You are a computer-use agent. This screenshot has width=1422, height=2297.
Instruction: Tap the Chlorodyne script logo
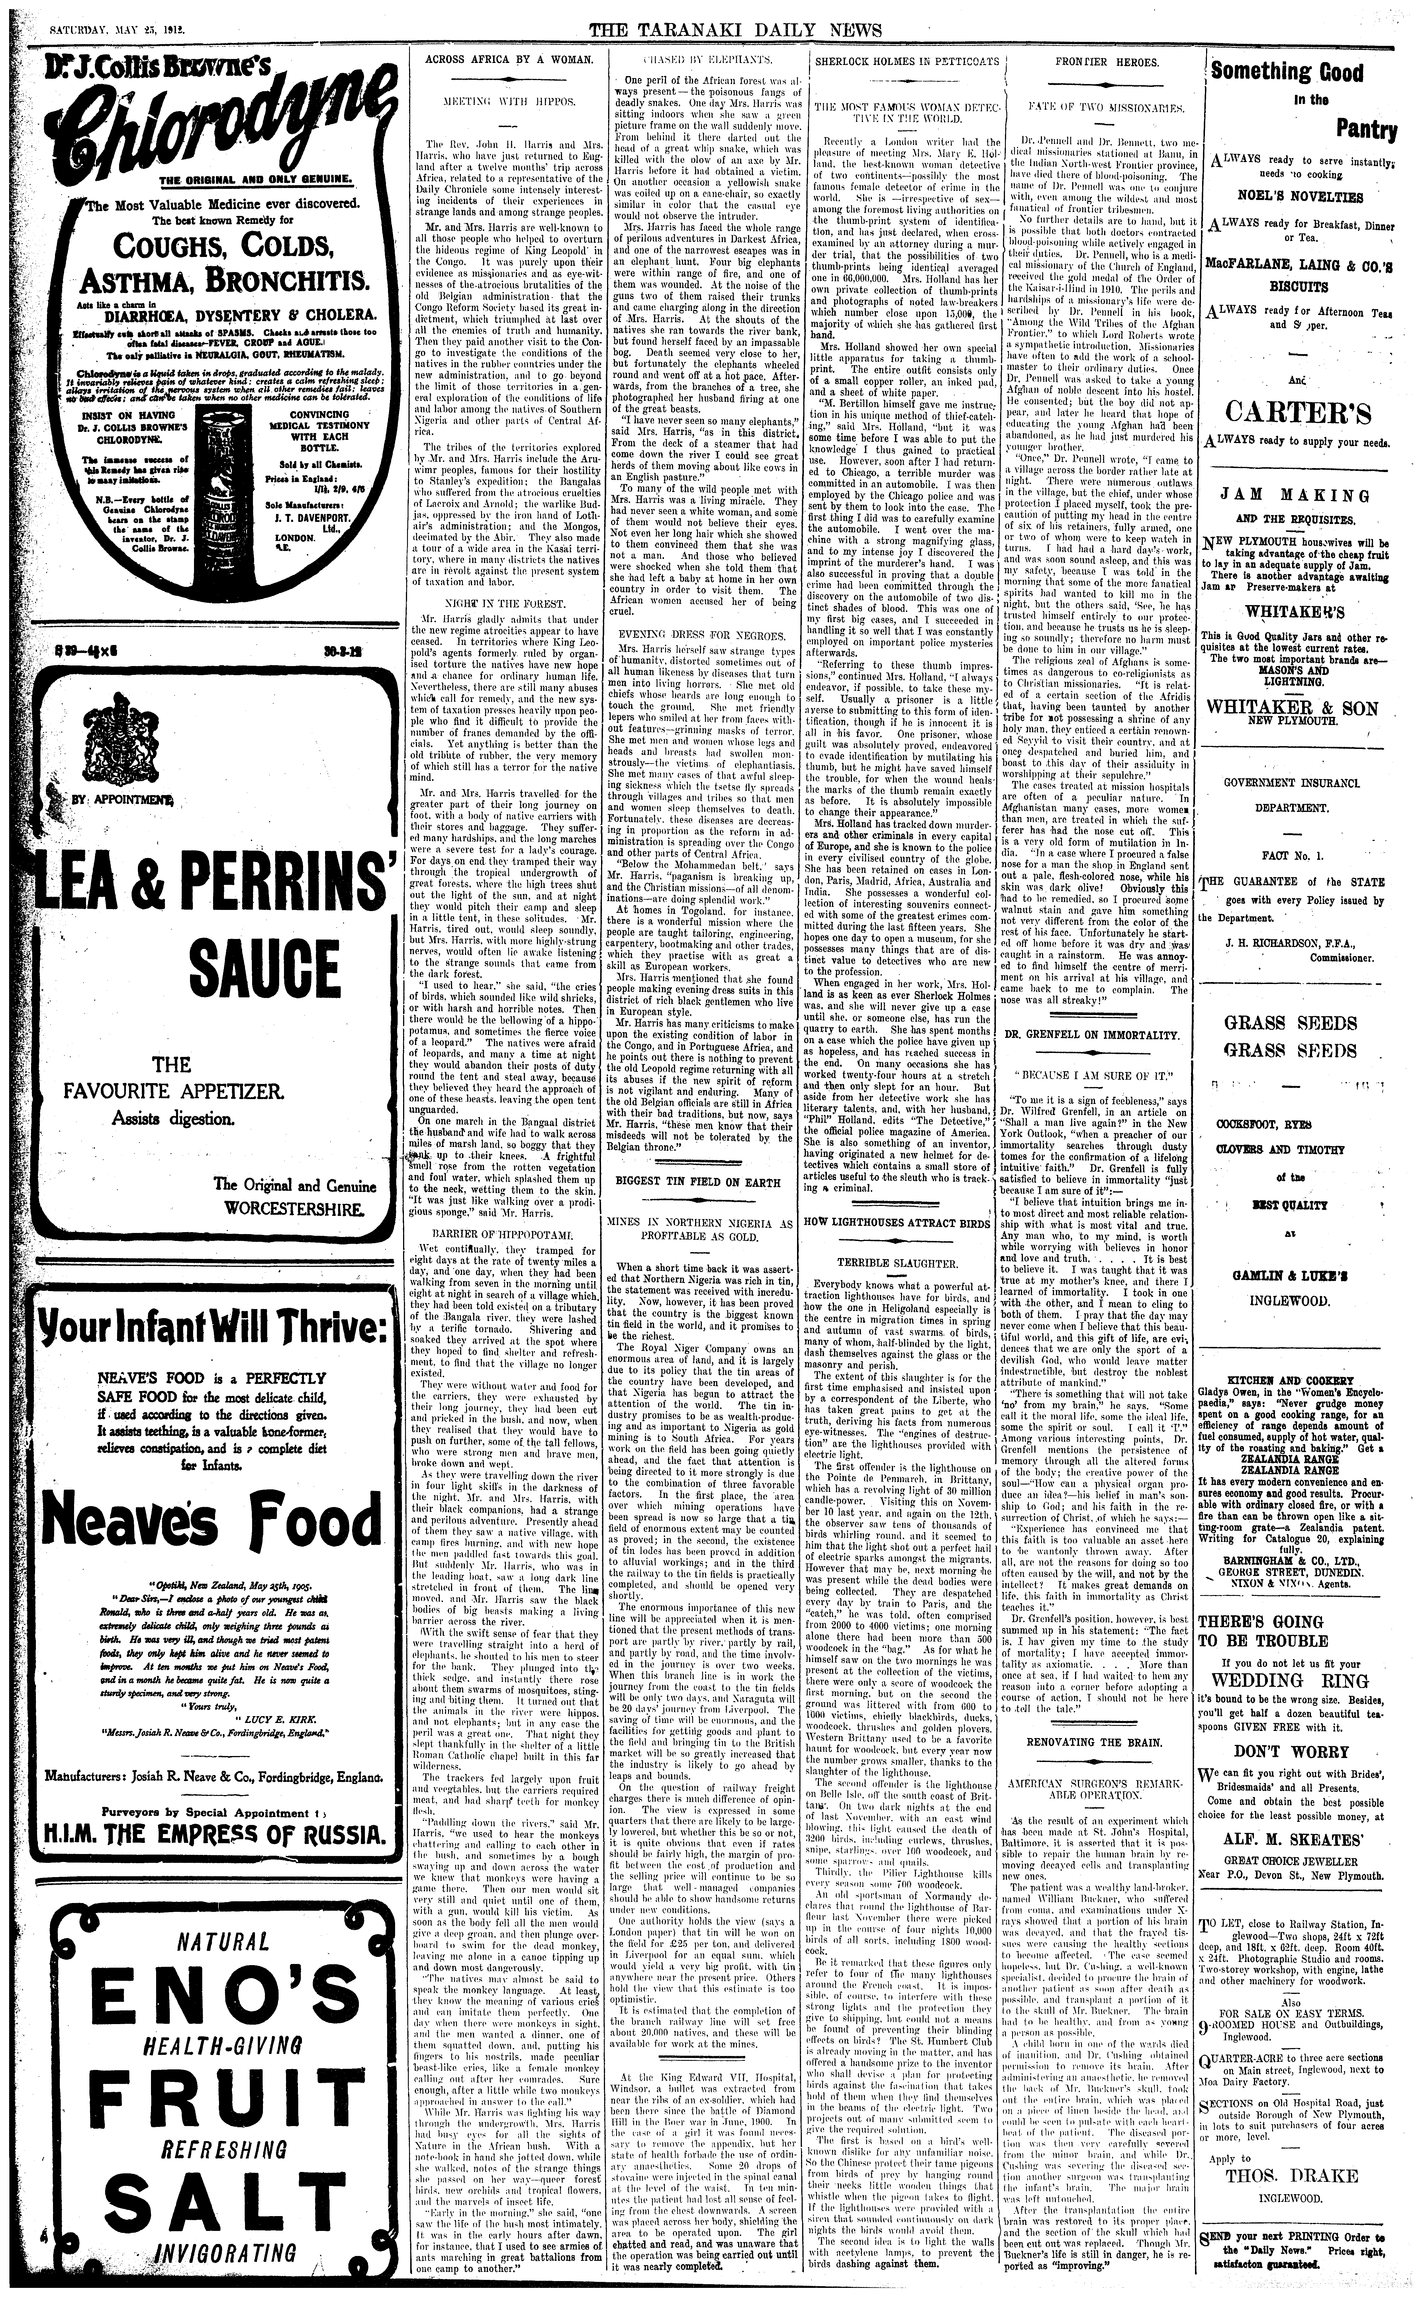(x=202, y=127)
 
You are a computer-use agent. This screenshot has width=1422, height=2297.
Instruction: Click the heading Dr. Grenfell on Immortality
(x=1094, y=1035)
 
